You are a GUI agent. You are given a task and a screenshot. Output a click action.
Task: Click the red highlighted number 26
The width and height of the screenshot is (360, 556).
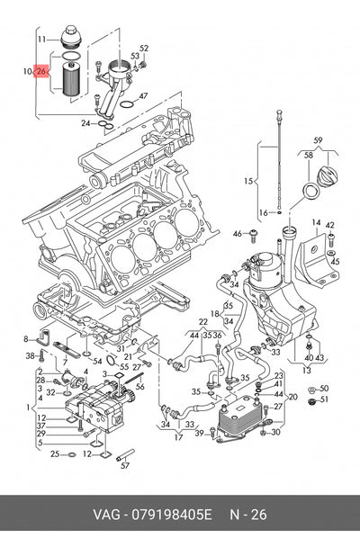coord(40,71)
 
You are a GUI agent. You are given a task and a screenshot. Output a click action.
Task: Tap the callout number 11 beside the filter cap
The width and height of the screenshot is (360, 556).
coord(42,39)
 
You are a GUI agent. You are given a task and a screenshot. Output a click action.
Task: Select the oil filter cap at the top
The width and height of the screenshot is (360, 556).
coord(70,37)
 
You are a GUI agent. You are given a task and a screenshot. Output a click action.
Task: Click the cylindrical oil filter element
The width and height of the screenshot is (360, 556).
coord(72,78)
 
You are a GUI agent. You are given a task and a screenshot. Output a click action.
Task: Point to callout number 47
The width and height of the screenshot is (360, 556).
coord(143,96)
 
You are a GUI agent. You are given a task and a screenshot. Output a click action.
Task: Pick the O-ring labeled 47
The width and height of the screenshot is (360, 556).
coord(127,104)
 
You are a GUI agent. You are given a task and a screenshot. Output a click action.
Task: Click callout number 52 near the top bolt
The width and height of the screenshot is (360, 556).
coord(144,49)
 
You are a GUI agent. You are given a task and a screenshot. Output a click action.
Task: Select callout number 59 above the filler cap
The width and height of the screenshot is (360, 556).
coord(318,140)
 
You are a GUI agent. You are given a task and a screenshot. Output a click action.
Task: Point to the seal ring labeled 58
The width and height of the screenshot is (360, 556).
coord(311,191)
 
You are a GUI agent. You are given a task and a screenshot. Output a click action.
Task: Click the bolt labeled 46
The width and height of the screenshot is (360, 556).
coord(253,236)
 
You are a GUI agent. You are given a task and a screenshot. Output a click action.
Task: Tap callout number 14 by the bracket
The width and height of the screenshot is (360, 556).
coord(316,223)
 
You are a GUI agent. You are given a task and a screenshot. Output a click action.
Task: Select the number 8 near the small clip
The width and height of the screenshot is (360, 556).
coord(25,339)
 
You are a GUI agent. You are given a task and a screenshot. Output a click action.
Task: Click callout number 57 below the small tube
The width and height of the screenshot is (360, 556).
coord(125,465)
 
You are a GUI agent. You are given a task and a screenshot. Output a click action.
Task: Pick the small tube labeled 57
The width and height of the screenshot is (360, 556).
coord(126,454)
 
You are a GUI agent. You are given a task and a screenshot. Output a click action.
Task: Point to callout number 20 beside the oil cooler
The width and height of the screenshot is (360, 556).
coord(292,397)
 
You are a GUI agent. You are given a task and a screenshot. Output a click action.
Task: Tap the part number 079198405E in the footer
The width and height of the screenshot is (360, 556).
coord(171,514)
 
